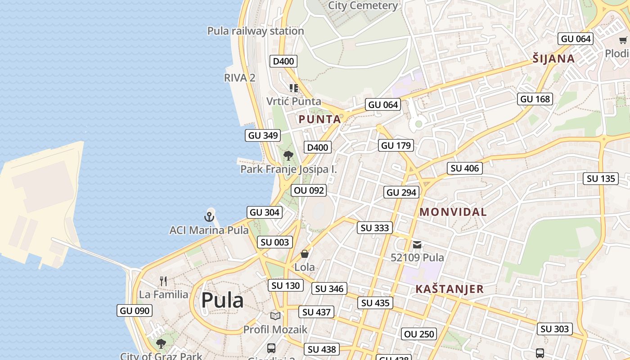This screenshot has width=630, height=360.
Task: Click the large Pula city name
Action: click(222, 301)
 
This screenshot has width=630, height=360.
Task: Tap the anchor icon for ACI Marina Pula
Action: click(209, 217)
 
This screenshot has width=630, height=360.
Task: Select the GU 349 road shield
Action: click(263, 135)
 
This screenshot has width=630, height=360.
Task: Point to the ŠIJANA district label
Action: click(553, 58)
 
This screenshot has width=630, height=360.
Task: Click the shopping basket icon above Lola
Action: click(305, 254)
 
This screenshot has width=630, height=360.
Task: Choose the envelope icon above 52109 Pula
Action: click(417, 245)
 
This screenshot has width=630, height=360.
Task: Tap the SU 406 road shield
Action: click(465, 168)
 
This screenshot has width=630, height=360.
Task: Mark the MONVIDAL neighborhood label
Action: click(453, 212)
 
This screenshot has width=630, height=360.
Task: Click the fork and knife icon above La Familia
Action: click(163, 282)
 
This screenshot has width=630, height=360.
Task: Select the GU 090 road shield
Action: click(135, 310)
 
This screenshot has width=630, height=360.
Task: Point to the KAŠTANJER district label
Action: click(450, 289)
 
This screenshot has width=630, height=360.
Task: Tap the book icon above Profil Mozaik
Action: click(275, 316)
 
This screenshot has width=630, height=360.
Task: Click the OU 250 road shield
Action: click(419, 334)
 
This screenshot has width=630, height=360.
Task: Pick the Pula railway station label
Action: click(256, 31)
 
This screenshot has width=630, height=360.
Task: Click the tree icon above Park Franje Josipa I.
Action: click(288, 156)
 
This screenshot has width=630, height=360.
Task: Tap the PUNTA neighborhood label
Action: click(319, 120)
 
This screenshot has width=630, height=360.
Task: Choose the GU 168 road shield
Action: click(535, 99)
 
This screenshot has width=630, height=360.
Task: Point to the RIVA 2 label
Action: click(239, 78)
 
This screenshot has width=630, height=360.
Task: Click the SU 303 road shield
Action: click(554, 329)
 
